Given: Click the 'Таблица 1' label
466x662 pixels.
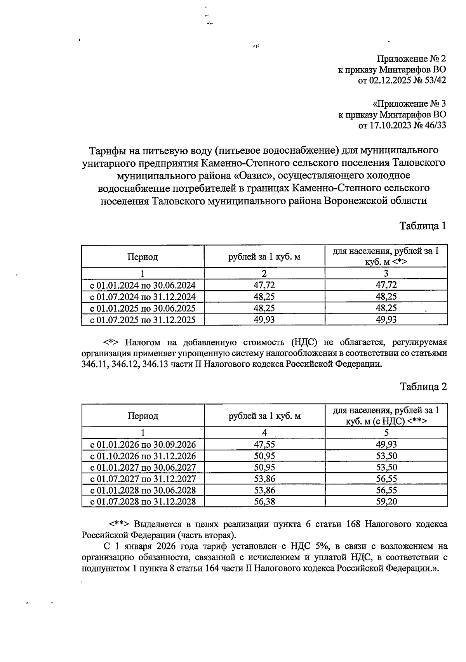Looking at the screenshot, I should point(423,226).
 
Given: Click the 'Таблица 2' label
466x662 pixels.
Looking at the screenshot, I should point(423,387).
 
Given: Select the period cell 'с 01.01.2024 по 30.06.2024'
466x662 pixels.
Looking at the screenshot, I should point(143,286).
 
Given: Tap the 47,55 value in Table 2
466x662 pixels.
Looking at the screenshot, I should point(264,445).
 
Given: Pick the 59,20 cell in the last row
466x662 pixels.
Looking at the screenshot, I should point(386,502).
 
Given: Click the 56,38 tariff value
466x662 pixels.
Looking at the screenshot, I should point(264,502).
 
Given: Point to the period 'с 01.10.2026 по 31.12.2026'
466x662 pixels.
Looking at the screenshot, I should point(143,456).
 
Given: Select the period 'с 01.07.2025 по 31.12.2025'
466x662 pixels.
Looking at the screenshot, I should point(143,320).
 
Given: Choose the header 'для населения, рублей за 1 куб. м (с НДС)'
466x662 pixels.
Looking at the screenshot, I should point(386,416).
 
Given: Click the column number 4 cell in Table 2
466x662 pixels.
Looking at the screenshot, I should point(264,433).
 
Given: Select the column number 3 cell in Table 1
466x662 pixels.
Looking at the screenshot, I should point(386,273).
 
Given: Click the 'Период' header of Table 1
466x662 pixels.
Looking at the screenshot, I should point(143,257).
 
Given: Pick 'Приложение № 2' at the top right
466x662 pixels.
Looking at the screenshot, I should point(412,59).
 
